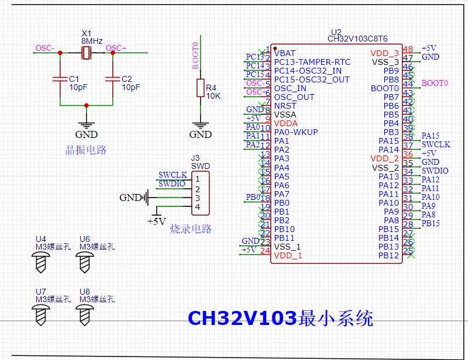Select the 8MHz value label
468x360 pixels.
pos(92,41)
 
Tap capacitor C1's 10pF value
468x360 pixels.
pos(78,87)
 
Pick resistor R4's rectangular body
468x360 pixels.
pos(200,88)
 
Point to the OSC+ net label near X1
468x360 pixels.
pos(116,48)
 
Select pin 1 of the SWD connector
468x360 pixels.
pos(198,179)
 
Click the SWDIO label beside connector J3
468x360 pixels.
pos(173,184)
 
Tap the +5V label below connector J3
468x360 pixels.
pos(156,222)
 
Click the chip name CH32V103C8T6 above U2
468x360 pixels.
pos(357,39)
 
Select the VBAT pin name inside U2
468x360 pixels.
pos(284,53)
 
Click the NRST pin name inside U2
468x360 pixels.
pos(285,106)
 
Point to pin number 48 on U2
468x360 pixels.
pos(408,50)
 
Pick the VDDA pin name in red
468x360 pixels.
pos(285,123)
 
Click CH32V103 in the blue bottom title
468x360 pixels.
pos(242,319)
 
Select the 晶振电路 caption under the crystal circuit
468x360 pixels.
pos(86,150)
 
